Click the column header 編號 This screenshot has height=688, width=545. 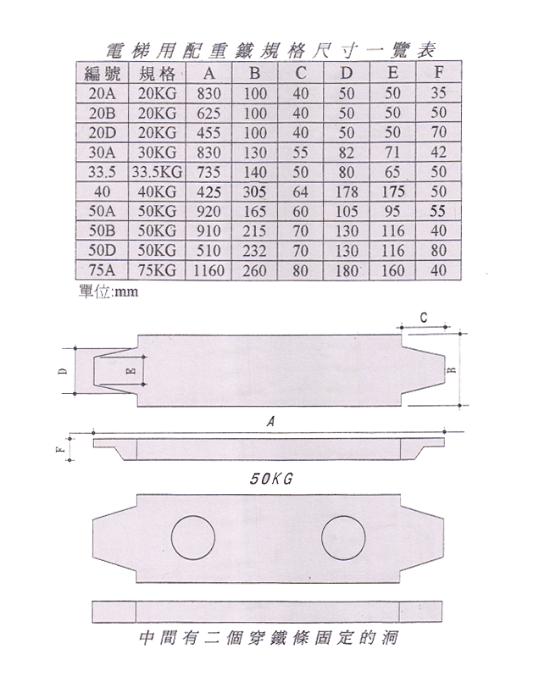pos(102,73)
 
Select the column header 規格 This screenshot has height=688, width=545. pos(157,73)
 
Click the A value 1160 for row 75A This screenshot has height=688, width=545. pos(209,270)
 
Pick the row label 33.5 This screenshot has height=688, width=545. pos(102,172)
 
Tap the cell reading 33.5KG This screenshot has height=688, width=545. pos(157,172)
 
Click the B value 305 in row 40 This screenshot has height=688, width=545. pos(255,191)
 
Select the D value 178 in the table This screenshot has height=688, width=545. pos(347,191)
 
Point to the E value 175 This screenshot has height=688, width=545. pos(392,191)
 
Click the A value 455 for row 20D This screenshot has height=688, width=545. pos(209,132)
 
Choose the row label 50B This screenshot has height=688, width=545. pos(102,230)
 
